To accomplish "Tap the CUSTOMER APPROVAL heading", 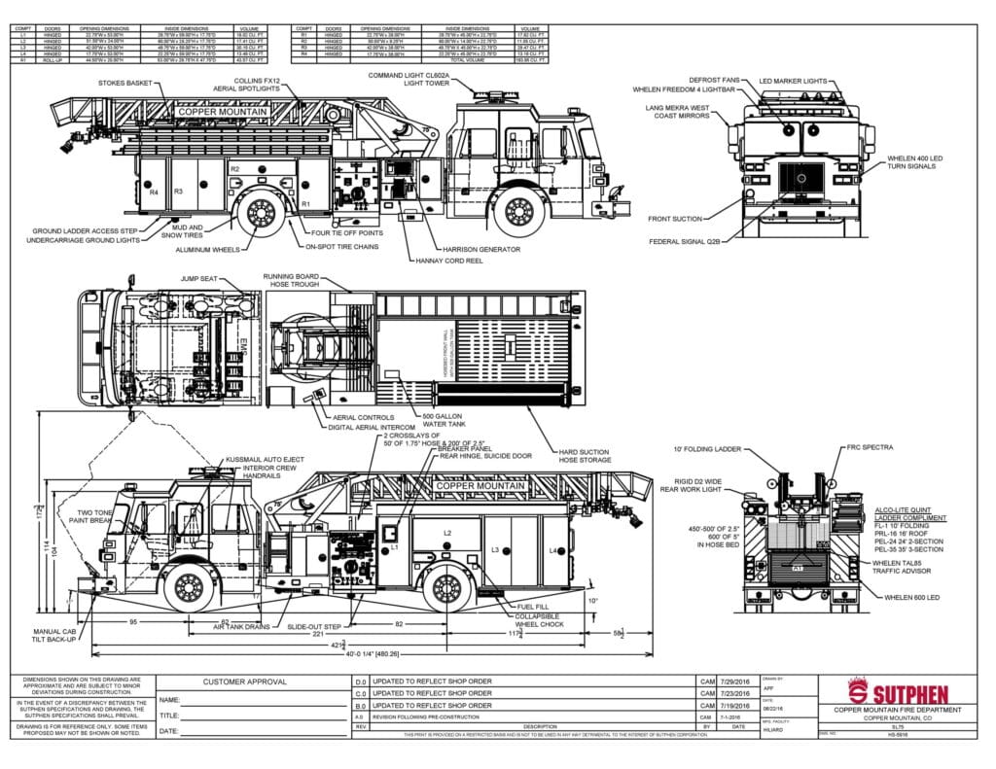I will [x=245, y=682].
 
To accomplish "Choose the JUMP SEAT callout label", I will [x=196, y=278].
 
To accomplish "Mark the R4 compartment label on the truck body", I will [x=154, y=192].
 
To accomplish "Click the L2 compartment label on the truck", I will [x=447, y=533].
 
